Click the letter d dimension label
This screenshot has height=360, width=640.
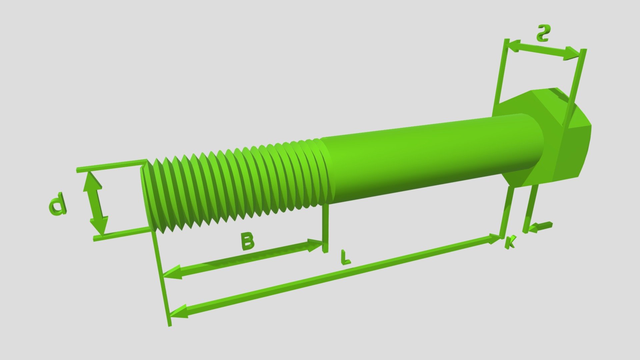[x=57, y=203]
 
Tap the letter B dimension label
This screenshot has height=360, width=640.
[x=248, y=242]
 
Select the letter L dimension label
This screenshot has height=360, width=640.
[x=346, y=258]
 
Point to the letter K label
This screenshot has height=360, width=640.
[x=510, y=242]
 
